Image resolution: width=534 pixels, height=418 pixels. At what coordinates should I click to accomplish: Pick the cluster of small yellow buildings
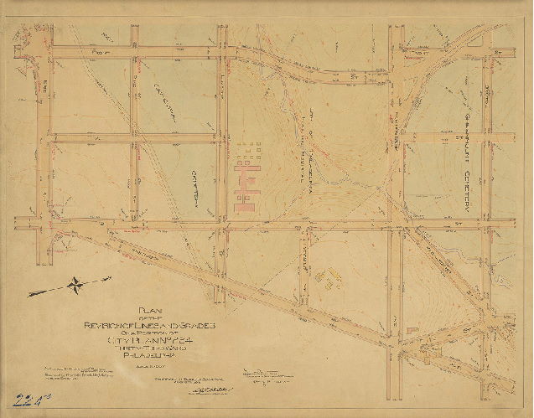click(329, 277)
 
